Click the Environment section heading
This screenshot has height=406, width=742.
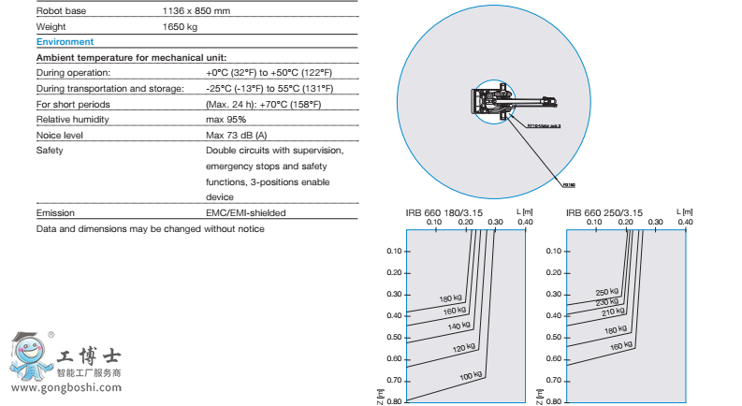pos(65,42)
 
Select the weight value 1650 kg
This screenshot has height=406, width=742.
pos(180,26)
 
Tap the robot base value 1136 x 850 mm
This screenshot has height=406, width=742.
pos(196,10)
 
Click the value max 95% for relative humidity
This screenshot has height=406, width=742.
pos(226,119)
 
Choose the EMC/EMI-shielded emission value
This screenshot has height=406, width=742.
pos(245,213)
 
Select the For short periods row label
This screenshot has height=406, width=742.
pos(68,104)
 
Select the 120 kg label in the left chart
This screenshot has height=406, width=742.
pos(463,349)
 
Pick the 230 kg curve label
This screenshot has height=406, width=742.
pos(608,302)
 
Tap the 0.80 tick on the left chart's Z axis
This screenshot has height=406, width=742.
pos(394,401)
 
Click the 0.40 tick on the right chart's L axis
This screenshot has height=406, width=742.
pos(685,222)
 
